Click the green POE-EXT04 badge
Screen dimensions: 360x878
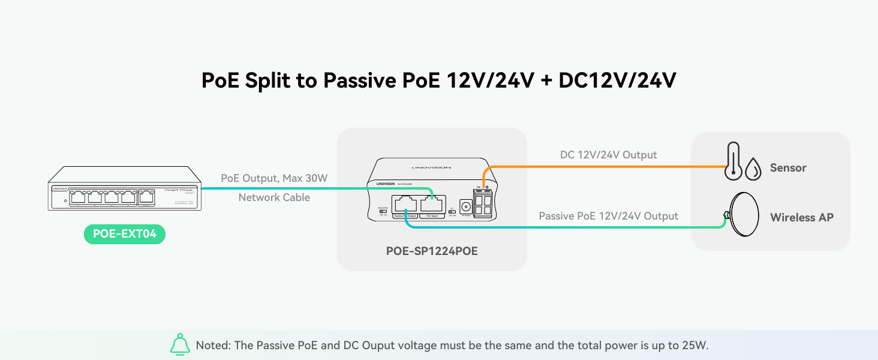[x=124, y=234]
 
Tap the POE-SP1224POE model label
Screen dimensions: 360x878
[x=432, y=251]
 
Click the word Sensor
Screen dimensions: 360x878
[x=788, y=168]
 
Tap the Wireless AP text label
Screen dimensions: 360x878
[x=802, y=217]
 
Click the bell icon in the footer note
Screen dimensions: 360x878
[x=180, y=345]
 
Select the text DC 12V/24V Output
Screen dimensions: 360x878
[x=608, y=155]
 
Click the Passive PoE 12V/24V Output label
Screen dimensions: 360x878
[x=608, y=216]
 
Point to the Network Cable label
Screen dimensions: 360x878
[x=274, y=197]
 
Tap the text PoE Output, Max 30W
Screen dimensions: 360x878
[x=274, y=178]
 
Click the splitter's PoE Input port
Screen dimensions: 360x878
[x=431, y=205]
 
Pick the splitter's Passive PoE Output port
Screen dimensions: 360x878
[x=405, y=205]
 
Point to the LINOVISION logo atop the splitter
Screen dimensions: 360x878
[x=431, y=167]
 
